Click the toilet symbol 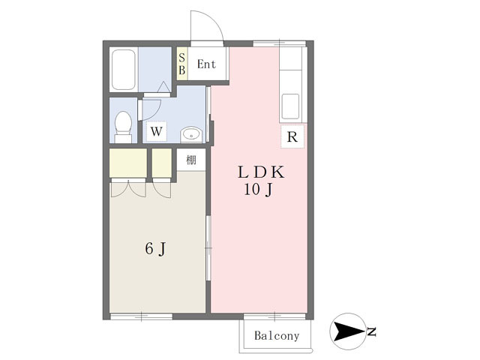pos(123,127)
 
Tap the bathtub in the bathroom pos(123,70)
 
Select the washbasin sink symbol pos(191,134)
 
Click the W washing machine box pos(157,132)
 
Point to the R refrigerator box pos(292,136)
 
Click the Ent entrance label pos(207,64)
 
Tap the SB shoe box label pos(181,64)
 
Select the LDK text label pos(261,172)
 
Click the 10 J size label pos(258,190)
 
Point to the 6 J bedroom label pos(155,248)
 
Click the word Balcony pos(277,336)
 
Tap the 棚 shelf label pos(191,160)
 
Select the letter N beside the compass pos(372,331)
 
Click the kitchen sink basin pos(290,106)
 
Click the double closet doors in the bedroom pos(128,189)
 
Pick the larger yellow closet pos(128,163)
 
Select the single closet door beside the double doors pos(162,190)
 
